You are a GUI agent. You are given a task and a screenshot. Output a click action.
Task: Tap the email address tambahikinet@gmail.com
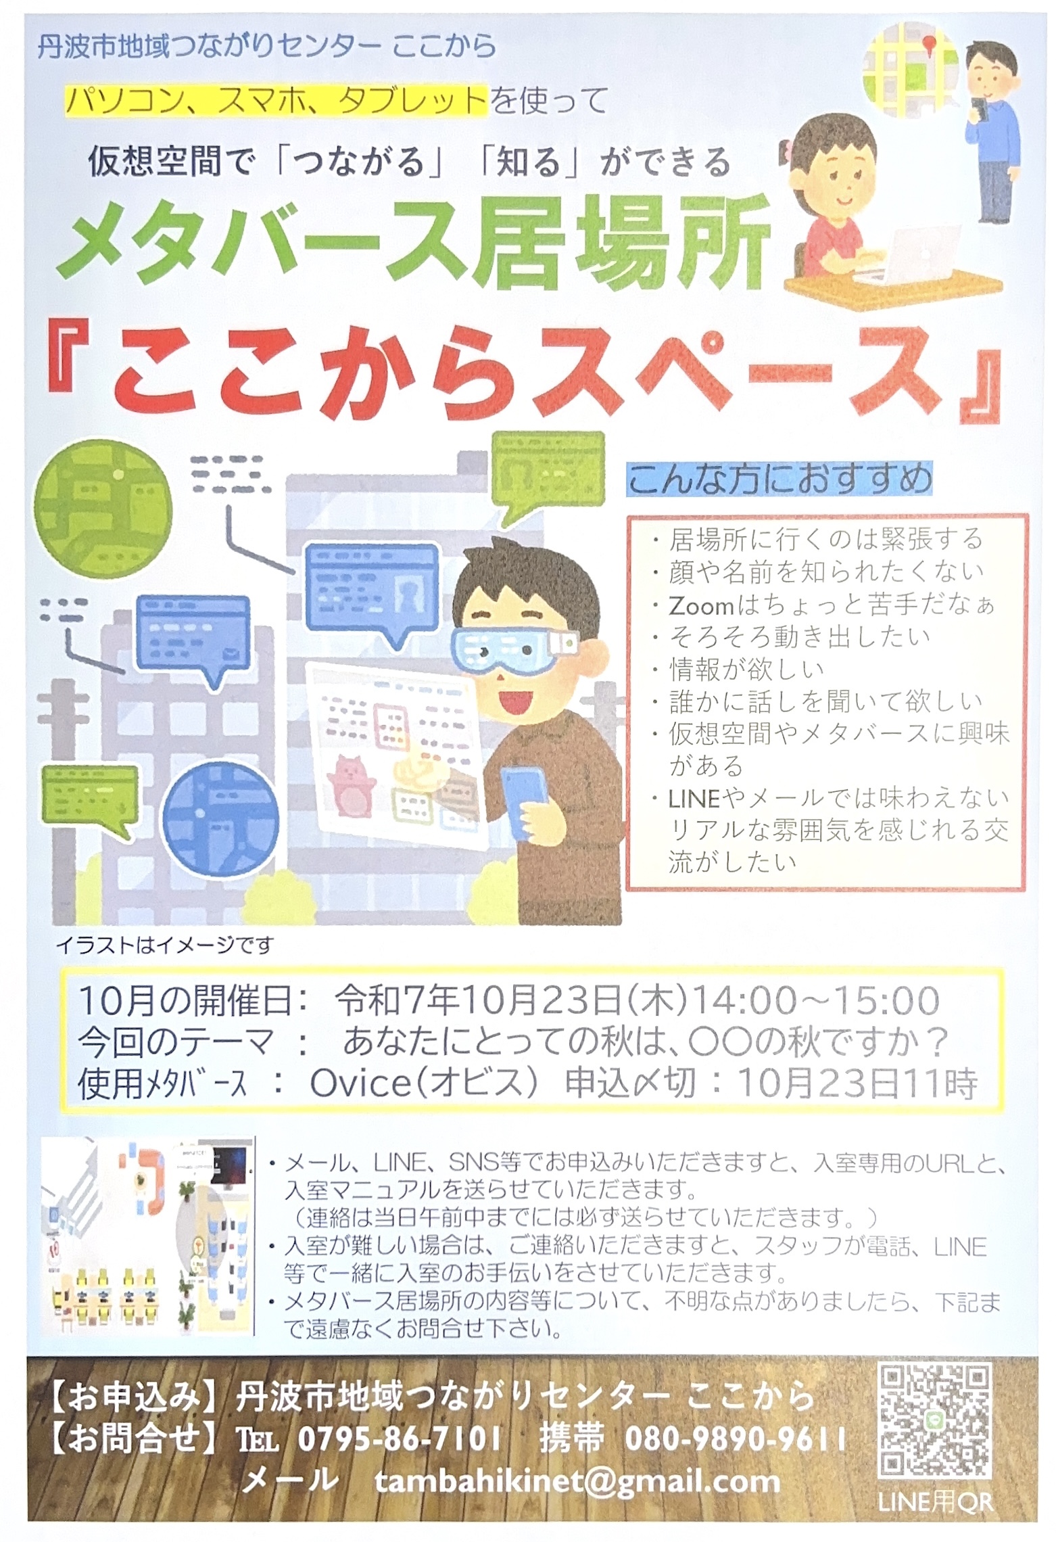[577, 1482]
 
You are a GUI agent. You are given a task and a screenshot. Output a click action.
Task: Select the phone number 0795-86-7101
[399, 1439]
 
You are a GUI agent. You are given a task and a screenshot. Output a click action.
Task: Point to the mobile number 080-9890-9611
[735, 1439]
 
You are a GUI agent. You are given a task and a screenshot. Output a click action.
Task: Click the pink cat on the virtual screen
[351, 785]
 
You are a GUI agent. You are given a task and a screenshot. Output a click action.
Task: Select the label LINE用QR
[935, 1503]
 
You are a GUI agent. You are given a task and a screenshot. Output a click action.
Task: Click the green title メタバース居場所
[414, 242]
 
